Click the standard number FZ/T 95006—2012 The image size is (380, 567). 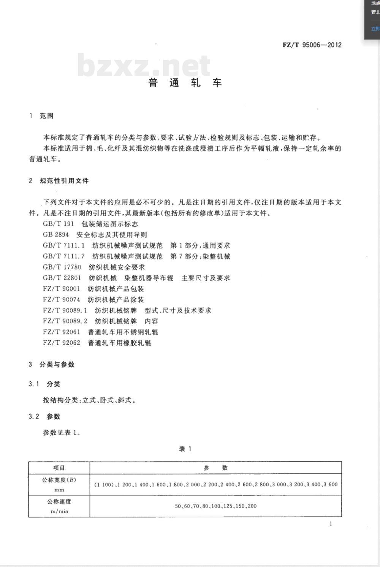pos(312,45)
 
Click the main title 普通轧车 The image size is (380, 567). pos(185,83)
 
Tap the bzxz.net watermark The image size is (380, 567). pos(144,65)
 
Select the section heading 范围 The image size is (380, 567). pos(46,116)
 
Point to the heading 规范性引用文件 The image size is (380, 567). pos(64,181)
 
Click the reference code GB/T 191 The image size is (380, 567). pos(58,224)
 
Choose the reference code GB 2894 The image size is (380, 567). pos(56,235)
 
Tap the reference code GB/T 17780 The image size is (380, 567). pos(62,267)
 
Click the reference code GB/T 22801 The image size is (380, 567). pos(62,278)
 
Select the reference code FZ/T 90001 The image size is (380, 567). pos(62,289)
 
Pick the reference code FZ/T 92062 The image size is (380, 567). pos(62,343)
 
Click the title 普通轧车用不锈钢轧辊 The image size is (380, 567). pos(123,332)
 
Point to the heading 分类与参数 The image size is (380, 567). pos(57,365)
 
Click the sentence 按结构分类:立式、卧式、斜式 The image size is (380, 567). pos(89,400)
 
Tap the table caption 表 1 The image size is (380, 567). pos(185,449)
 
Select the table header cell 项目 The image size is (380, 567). pos(59,468)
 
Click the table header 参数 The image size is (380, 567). pos(215,468)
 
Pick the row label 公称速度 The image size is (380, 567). pos(59,502)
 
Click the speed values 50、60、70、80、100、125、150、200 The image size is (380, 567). pos(215,506)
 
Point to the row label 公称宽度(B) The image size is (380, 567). pos(59,480)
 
